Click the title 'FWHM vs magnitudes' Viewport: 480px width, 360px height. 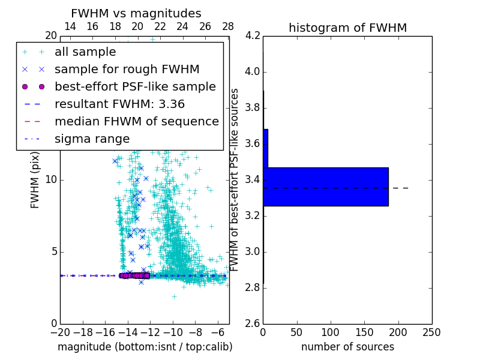point(136,13)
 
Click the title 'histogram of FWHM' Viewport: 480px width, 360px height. point(347,28)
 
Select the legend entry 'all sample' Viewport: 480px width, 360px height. point(85,52)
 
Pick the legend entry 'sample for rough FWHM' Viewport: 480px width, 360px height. point(127,69)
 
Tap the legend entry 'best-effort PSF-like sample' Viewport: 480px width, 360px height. point(135,86)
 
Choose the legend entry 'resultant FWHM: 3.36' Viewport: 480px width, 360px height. point(119,104)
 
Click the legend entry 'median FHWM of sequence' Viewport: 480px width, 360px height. point(136,121)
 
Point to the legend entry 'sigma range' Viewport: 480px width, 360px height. point(92,139)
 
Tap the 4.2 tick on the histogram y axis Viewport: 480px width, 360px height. point(253,36)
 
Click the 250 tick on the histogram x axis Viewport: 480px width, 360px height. point(431,332)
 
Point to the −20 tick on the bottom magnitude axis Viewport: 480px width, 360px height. point(60,332)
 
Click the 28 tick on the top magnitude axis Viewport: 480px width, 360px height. point(228,26)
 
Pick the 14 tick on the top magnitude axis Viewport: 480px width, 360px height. point(70,26)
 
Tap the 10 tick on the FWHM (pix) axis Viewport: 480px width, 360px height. point(50,180)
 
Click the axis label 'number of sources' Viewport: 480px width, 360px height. point(347,347)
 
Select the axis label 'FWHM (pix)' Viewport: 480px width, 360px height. point(35,180)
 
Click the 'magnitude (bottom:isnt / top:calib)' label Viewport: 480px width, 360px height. point(145,347)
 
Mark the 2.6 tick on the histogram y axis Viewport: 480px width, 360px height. point(253,323)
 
